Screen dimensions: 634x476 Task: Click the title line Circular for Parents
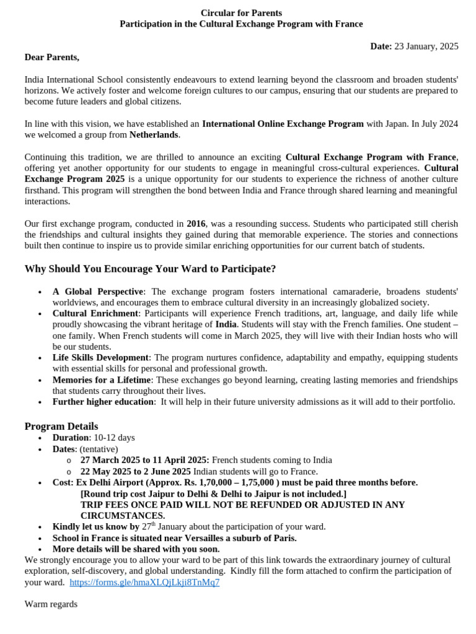pos(241,13)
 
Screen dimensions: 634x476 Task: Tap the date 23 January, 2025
pos(431,46)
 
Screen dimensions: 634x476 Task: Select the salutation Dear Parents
pos(52,58)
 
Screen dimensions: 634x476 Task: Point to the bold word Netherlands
pos(154,134)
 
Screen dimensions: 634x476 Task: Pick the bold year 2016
pos(196,224)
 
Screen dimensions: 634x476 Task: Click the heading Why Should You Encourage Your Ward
pos(150,269)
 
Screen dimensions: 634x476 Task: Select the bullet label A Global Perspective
pos(98,292)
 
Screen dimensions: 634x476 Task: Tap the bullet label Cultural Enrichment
pos(95,314)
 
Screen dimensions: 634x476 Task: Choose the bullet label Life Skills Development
pos(100,358)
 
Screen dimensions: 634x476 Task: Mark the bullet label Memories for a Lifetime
pos(102,380)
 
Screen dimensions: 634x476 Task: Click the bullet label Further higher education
pos(103,402)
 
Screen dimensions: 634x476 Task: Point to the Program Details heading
pos(61,426)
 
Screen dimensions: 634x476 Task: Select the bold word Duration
pos(71,438)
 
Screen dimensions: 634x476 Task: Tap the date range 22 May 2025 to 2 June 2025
pos(136,471)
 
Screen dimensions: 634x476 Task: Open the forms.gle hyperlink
pos(144,583)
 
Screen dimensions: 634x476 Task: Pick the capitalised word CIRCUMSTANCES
pos(123,516)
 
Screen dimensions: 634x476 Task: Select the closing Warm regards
pos(51,604)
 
